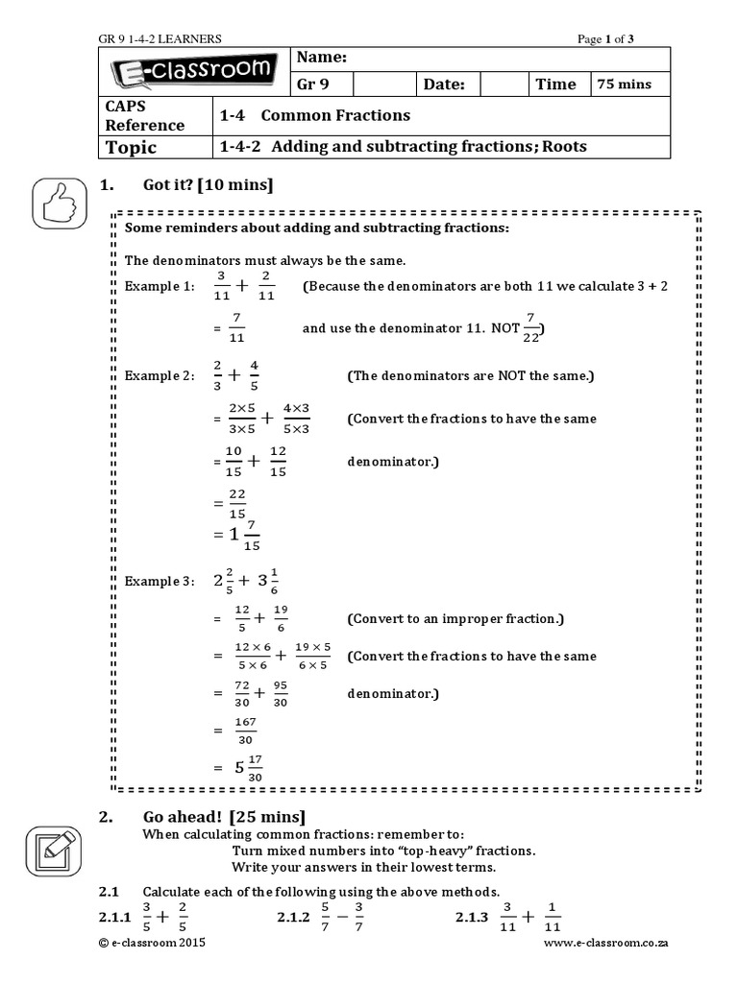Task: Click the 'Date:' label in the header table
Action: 444,84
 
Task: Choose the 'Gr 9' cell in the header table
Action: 313,84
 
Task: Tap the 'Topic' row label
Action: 131,147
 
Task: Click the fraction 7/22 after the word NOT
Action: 528,326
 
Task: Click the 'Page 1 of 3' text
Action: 605,38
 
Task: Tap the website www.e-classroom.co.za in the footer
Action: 605,944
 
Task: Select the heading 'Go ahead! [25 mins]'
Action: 224,817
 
